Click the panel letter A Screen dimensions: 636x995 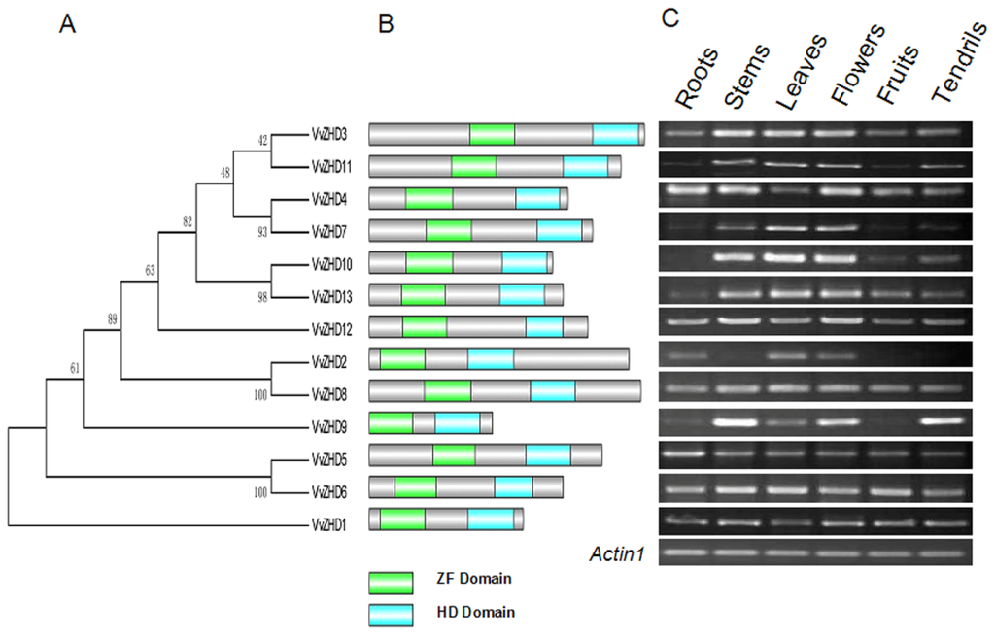pyautogui.click(x=67, y=25)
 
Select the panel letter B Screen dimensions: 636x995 pyautogui.click(x=386, y=25)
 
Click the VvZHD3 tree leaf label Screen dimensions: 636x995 pyautogui.click(x=327, y=134)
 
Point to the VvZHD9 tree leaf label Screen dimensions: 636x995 pyautogui.click(x=327, y=426)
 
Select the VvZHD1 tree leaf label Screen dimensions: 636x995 pyautogui.click(x=327, y=524)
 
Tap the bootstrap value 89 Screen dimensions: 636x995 pyautogui.click(x=114, y=318)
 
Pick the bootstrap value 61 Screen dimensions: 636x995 pyautogui.click(x=76, y=368)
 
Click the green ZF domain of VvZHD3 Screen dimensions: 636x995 pyautogui.click(x=492, y=135)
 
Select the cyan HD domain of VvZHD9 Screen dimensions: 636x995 pyautogui.click(x=457, y=423)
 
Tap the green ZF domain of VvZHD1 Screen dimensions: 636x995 pyautogui.click(x=402, y=519)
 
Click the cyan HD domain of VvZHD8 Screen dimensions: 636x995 pyautogui.click(x=552, y=391)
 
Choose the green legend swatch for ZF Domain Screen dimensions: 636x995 pyautogui.click(x=391, y=581)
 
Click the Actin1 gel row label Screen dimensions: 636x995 pyautogui.click(x=618, y=554)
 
